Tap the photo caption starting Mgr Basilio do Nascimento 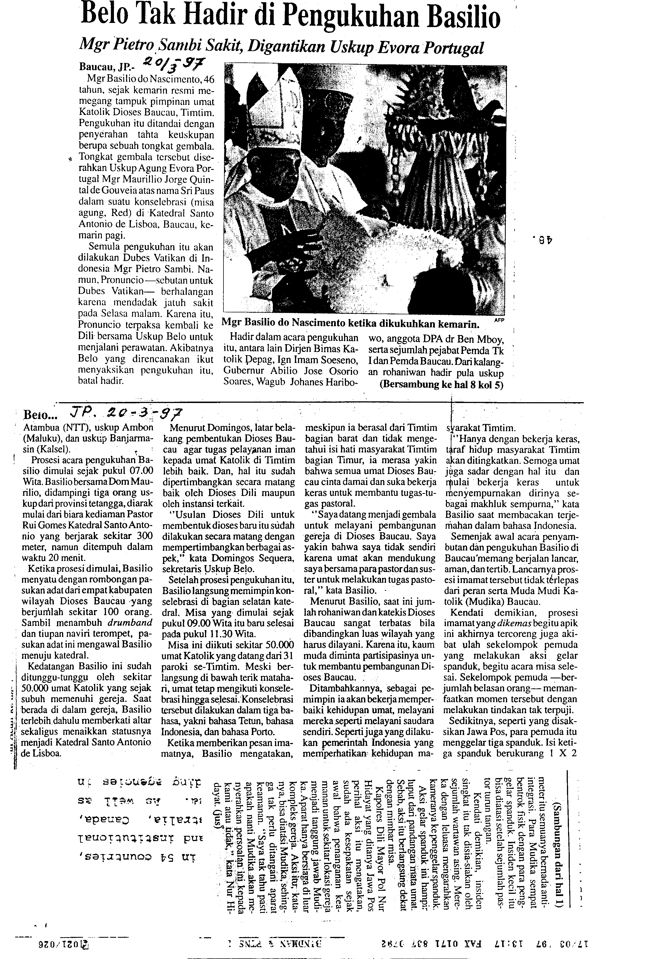[350, 323]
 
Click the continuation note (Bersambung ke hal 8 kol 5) [441, 385]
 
